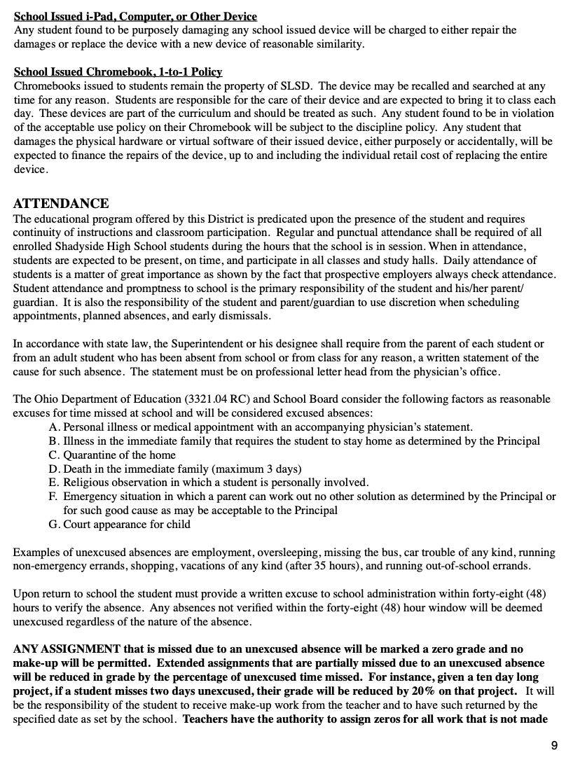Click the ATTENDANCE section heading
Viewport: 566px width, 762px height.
(x=61, y=204)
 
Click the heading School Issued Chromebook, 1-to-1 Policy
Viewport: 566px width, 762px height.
(x=118, y=72)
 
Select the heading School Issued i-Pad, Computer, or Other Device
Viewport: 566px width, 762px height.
(x=135, y=16)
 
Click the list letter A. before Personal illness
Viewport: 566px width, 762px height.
(x=55, y=427)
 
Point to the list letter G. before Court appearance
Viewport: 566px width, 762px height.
(x=55, y=524)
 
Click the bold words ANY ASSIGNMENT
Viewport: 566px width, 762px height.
(x=67, y=649)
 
